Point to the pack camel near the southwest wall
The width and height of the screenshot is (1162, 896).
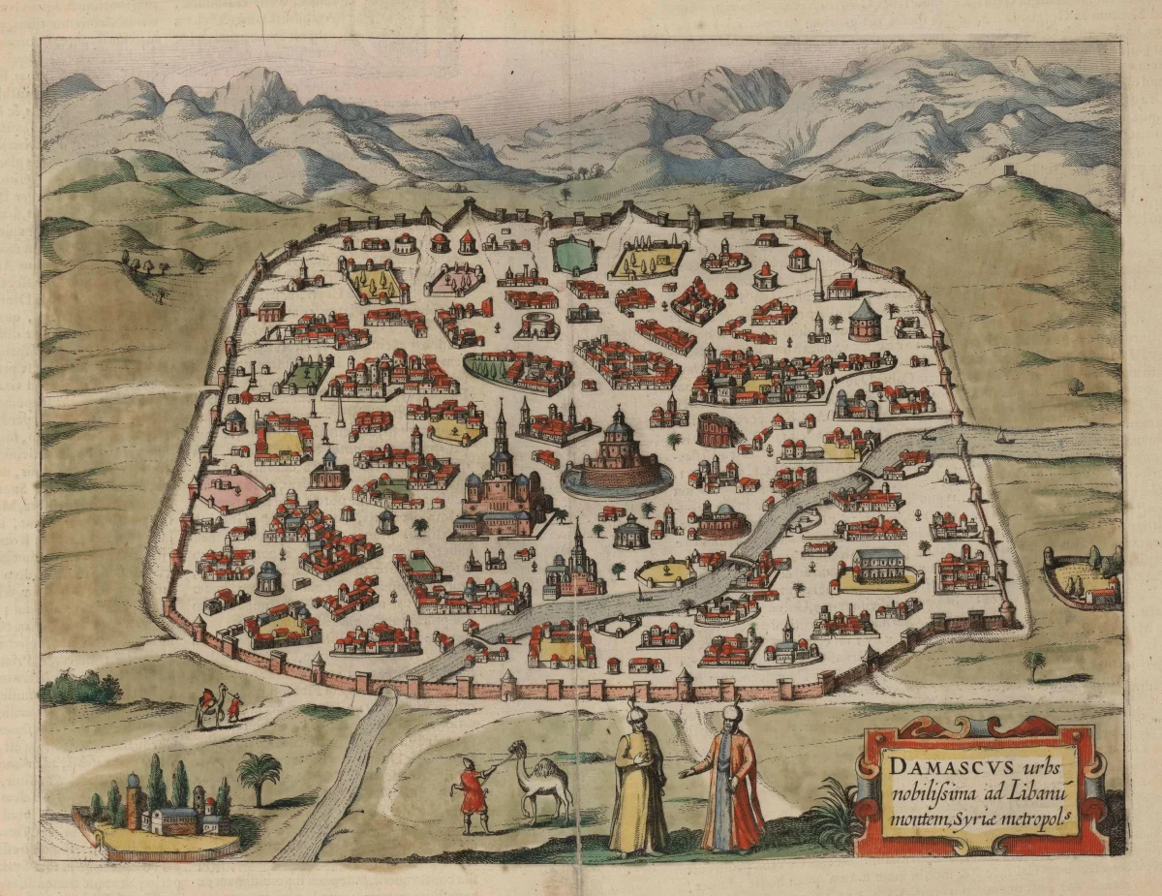point(207,705)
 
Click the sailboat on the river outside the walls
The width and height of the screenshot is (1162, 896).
point(1001,438)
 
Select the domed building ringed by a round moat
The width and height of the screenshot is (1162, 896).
point(618,457)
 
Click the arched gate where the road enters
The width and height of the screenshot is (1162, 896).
point(385,689)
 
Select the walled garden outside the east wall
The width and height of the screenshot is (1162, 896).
point(1083,577)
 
